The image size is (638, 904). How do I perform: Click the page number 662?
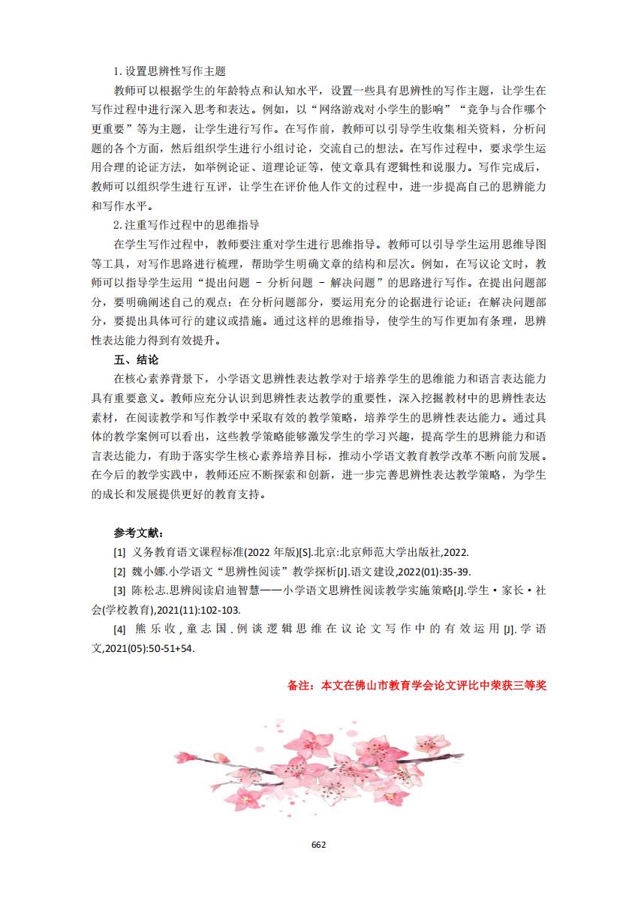318,844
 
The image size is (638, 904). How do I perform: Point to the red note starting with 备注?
417,685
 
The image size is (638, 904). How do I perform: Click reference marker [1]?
119,552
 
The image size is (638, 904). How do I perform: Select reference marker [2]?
119,571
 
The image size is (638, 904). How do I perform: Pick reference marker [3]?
119,590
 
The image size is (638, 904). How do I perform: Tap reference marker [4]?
119,629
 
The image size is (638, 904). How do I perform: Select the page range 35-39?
454,571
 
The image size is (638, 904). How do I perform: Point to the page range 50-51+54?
163,647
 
